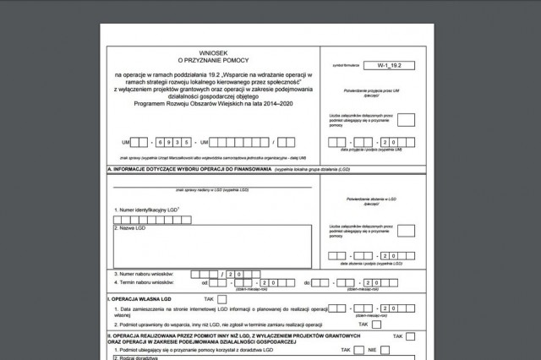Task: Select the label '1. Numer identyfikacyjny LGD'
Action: point(145,208)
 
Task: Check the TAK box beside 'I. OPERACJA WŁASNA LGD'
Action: point(221,299)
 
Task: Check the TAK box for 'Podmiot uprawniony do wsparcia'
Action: point(376,324)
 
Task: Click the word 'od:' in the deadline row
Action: point(205,282)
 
